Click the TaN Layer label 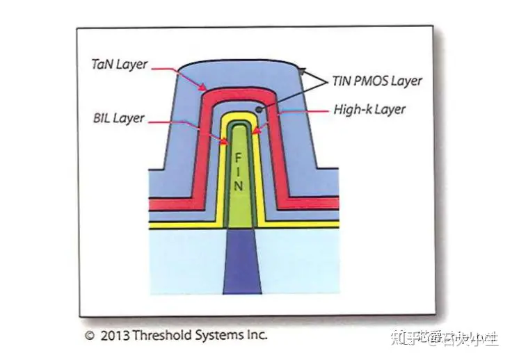120,65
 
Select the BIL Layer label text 118,118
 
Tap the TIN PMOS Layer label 376,81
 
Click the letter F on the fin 239,158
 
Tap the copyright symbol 89,336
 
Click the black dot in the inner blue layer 259,108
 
